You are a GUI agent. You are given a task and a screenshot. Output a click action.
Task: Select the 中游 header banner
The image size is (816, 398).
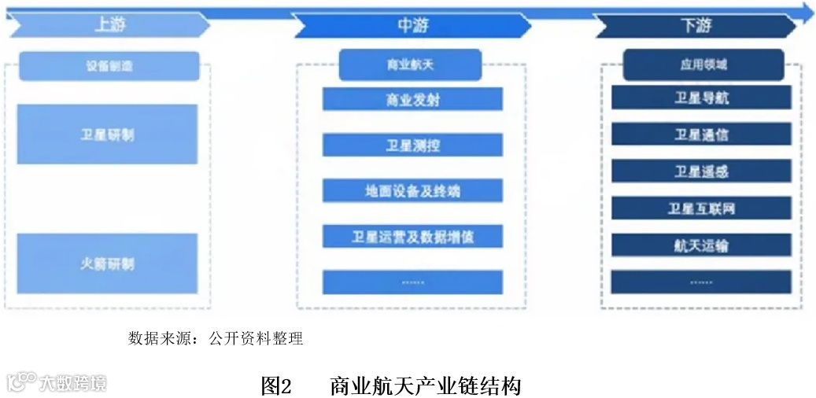point(412,25)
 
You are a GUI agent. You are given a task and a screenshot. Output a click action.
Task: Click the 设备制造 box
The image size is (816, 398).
point(109,66)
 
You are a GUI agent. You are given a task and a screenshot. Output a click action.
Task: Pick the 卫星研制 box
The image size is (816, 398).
point(107,135)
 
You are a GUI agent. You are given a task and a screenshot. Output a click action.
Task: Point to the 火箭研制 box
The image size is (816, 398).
point(107,263)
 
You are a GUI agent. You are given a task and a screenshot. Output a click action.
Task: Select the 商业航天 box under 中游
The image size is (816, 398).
point(410,64)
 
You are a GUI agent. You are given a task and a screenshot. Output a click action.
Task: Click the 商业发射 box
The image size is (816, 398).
point(412,99)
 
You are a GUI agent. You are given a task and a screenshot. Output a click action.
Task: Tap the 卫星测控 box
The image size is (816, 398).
point(412,146)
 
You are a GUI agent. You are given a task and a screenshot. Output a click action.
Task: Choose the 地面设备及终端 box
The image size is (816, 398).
point(412,191)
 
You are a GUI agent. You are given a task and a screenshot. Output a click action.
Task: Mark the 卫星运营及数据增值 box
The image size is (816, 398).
point(412,236)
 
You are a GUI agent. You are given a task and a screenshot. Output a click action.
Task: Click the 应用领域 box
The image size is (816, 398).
point(703,64)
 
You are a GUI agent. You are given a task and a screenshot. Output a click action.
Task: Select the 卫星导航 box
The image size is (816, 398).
point(701,98)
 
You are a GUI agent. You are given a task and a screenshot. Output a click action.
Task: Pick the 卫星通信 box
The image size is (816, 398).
point(701,135)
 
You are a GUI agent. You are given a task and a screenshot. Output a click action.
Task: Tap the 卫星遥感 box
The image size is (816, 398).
point(701,171)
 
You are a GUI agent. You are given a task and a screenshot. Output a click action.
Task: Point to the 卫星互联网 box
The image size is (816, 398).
point(701,208)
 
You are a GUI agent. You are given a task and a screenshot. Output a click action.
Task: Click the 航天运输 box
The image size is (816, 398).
point(701,245)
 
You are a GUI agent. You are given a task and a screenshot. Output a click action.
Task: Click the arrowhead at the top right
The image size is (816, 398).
point(807,11)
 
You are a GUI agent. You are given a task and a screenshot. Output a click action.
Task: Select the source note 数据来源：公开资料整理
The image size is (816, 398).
point(216,339)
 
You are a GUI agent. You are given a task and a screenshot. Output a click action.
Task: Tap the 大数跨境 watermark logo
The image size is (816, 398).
point(57,383)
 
